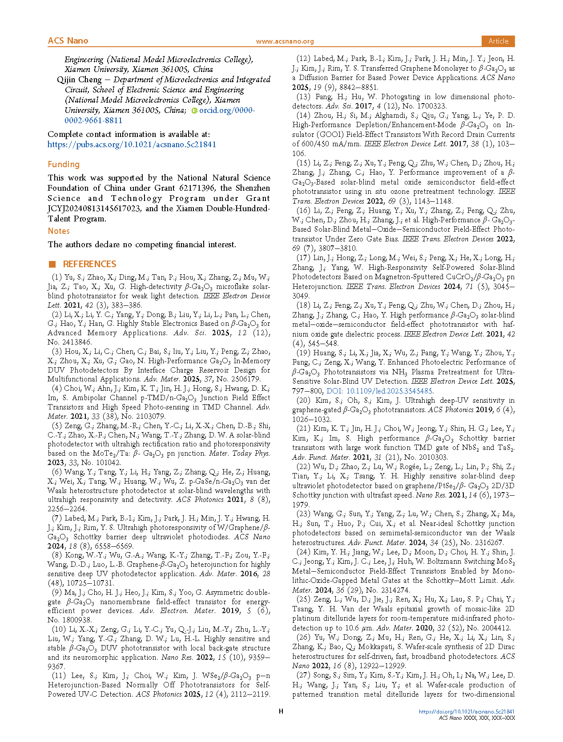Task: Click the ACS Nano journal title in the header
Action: pyautogui.click(x=68, y=41)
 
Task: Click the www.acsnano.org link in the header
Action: pyautogui.click(x=285, y=41)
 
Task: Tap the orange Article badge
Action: pyautogui.click(x=498, y=41)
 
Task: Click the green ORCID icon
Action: pyautogui.click(x=194, y=111)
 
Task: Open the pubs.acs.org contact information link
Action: pyautogui.click(x=132, y=144)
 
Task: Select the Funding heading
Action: pyautogui.click(x=64, y=164)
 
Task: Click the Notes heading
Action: pyautogui.click(x=59, y=231)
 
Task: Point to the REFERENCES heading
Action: pyautogui.click(x=89, y=264)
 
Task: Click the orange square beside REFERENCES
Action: pyautogui.click(x=52, y=264)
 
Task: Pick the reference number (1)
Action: pyautogui.click(x=57, y=277)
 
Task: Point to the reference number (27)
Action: pyautogui.click(x=303, y=676)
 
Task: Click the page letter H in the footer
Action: pyautogui.click(x=281, y=711)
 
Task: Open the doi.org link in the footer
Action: pyautogui.click(x=466, y=712)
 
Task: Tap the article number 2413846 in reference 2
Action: pyautogui.click(x=76, y=342)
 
